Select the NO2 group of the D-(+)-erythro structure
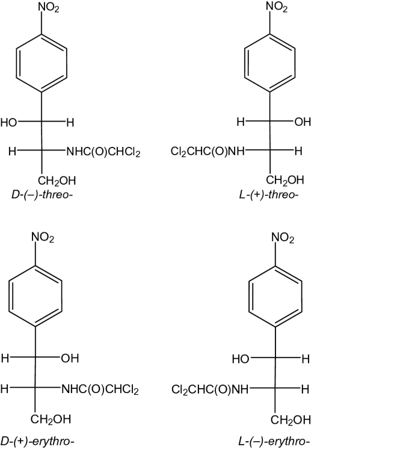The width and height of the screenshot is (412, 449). (43, 239)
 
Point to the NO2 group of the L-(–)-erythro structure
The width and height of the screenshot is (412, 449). (283, 239)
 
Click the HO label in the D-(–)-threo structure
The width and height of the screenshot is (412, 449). (9, 123)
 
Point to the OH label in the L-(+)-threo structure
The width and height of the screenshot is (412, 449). (303, 123)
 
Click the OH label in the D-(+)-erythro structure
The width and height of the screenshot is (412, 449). (70, 359)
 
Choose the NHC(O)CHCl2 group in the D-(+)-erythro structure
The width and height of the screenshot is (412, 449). (100, 390)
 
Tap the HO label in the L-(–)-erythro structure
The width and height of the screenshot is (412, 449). (241, 359)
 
